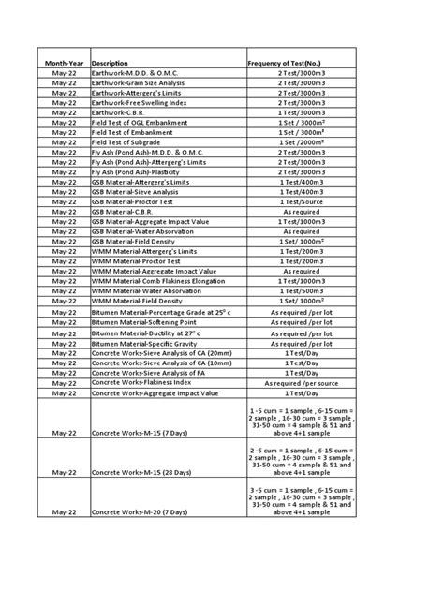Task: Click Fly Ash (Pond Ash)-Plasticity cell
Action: [141, 171]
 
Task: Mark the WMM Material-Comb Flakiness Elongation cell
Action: [158, 280]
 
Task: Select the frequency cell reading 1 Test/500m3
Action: [300, 290]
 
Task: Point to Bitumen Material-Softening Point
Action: [143, 322]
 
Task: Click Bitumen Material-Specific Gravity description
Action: [143, 345]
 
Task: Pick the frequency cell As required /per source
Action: [300, 384]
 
